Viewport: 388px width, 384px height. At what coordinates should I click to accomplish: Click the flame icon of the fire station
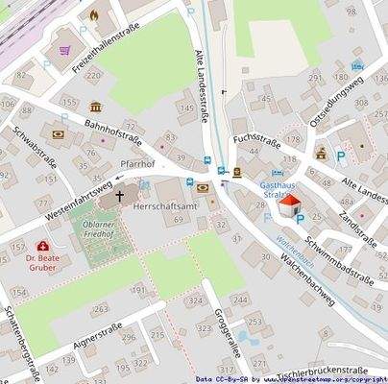tap(93, 14)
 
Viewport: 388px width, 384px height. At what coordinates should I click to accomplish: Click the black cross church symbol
tap(120, 196)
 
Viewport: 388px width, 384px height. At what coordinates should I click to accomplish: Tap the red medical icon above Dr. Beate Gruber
tap(42, 247)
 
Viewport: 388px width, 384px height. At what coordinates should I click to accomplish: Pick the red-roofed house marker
tap(288, 205)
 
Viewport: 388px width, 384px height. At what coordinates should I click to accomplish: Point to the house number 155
tap(68, 101)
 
